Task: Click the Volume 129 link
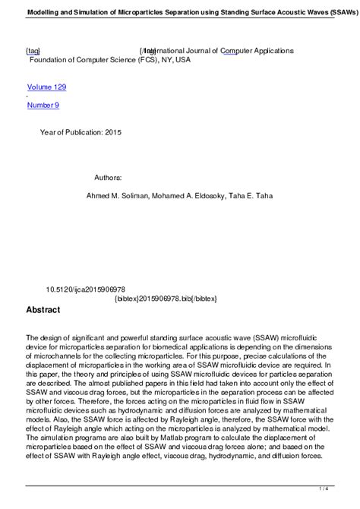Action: point(46,87)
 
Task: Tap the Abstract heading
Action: point(43,310)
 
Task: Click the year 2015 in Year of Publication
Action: point(109,131)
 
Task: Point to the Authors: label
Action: point(108,176)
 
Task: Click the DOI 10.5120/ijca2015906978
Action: point(86,289)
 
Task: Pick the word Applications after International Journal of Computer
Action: point(266,50)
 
